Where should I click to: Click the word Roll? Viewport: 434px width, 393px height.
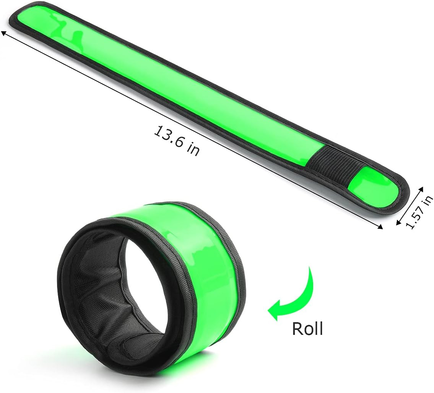(x=307, y=328)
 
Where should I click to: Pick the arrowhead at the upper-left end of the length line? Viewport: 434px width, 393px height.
(x=3, y=34)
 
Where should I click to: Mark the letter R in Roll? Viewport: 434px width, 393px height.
(x=297, y=328)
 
